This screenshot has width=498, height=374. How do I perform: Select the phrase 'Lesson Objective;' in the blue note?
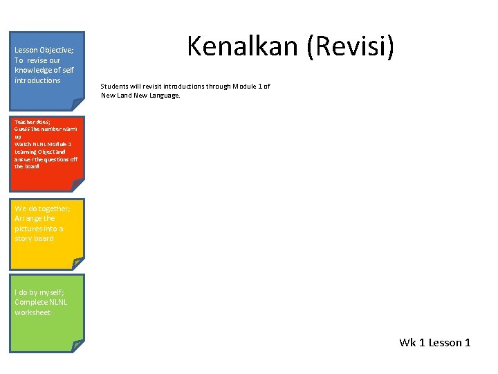[x=44, y=50]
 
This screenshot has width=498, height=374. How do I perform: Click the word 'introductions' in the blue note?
[x=37, y=80]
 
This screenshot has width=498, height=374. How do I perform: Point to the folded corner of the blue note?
[x=77, y=105]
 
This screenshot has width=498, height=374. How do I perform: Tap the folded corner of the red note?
[x=77, y=186]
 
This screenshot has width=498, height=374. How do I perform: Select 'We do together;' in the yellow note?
[x=42, y=208]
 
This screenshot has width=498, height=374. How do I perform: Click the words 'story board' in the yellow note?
[x=34, y=238]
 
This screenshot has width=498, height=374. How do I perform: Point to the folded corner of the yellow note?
[x=77, y=263]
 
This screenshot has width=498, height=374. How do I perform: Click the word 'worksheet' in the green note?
[x=33, y=312]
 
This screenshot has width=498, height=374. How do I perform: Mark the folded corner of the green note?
[x=77, y=346]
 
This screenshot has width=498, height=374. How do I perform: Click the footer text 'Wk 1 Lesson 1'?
[x=434, y=342]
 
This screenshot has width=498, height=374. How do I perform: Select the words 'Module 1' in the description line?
[x=247, y=87]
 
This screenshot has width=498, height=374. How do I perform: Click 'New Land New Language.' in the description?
[x=140, y=96]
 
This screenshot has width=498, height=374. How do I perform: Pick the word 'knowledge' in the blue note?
[x=33, y=70]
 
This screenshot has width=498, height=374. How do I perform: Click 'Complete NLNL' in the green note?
[x=41, y=302]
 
